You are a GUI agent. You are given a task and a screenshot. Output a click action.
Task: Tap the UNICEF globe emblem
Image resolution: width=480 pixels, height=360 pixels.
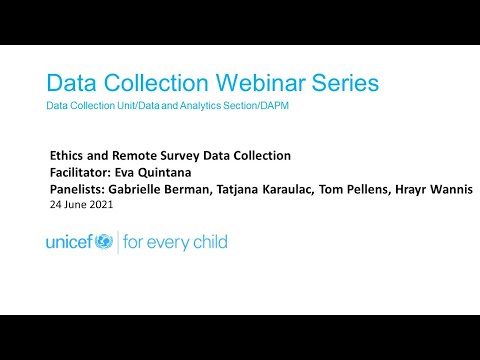pos(104,242)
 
